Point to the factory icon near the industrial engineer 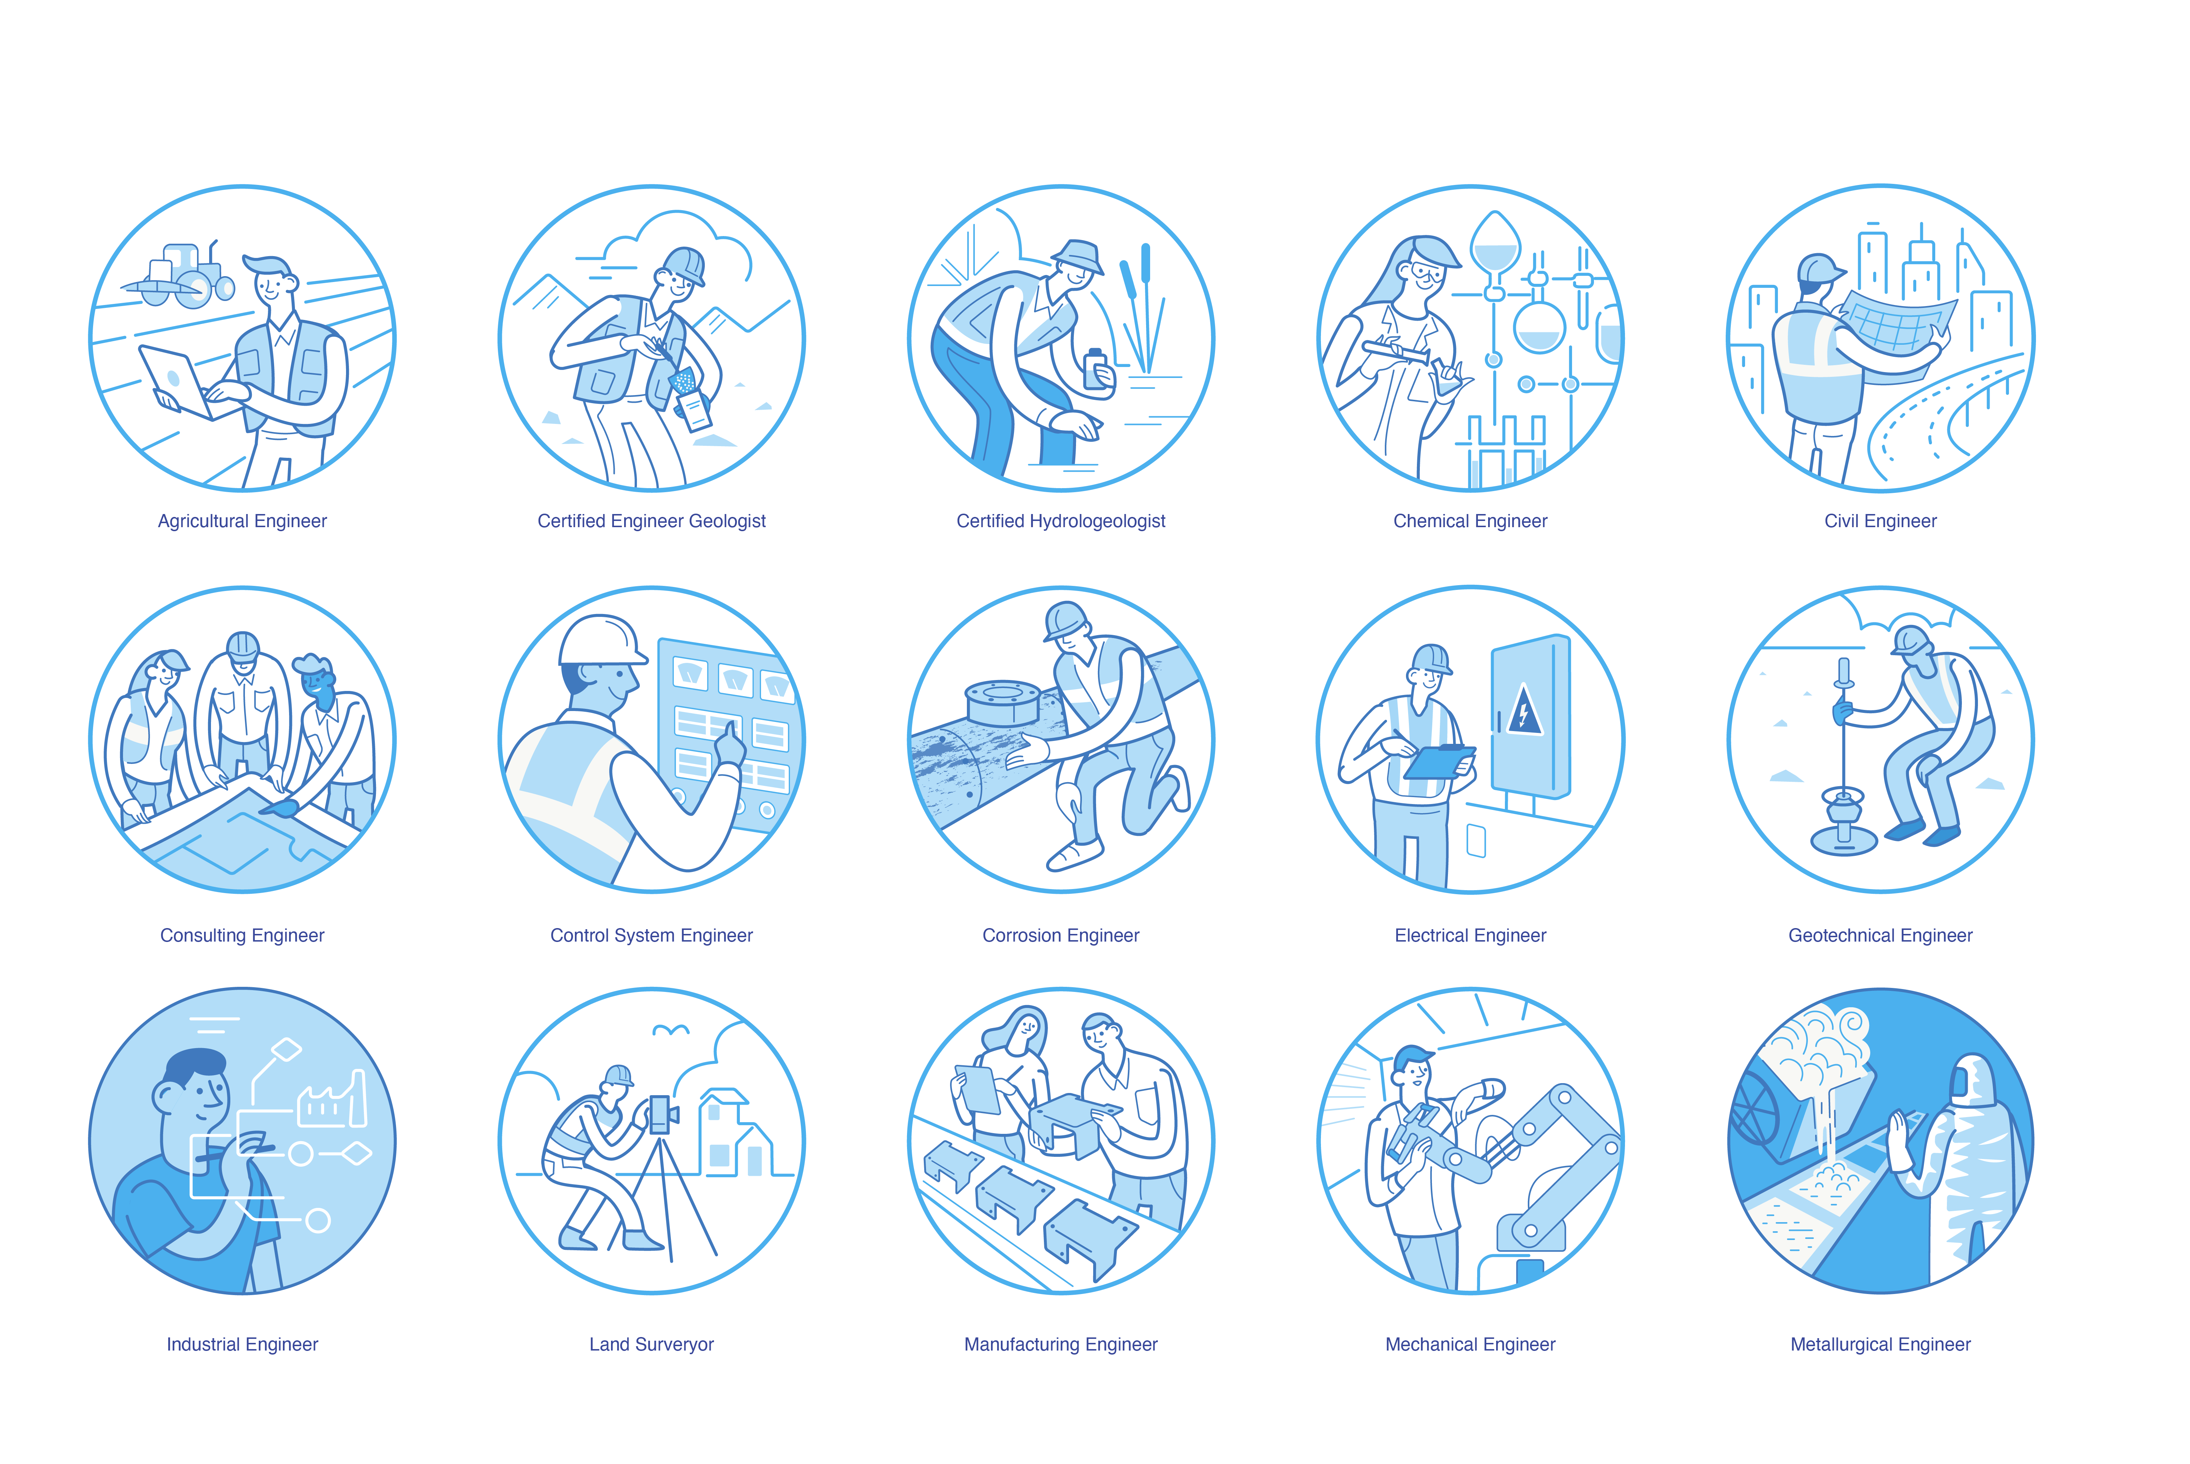(x=331, y=1102)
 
